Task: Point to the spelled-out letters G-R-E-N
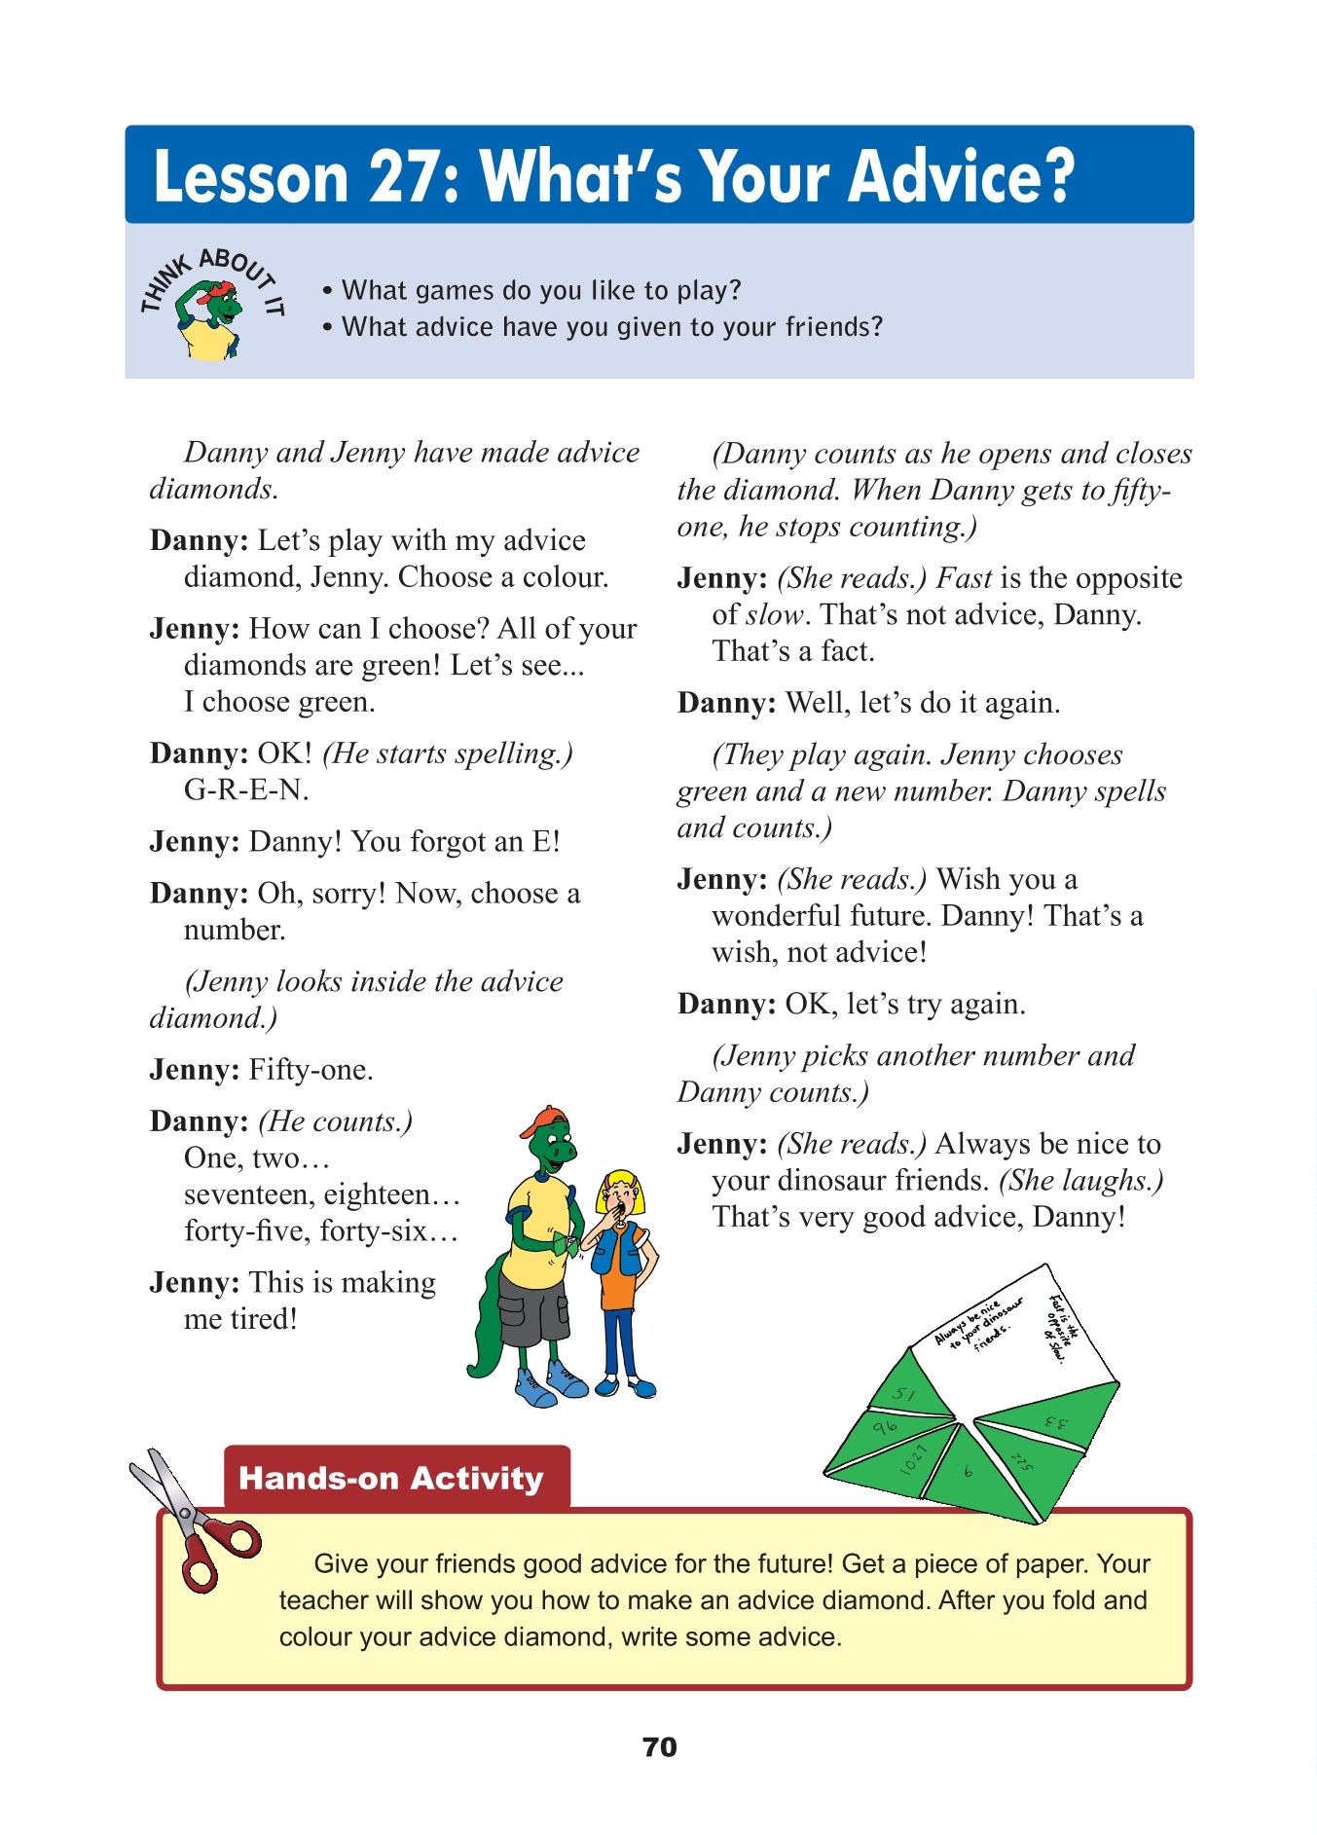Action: [246, 789]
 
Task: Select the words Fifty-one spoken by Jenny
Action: [311, 1070]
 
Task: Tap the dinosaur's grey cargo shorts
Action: [531, 1303]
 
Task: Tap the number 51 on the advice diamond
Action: [903, 1394]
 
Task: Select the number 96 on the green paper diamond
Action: [884, 1428]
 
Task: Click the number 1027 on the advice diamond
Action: [913, 1458]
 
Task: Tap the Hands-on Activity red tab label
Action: [391, 1478]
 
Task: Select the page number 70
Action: [659, 1746]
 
